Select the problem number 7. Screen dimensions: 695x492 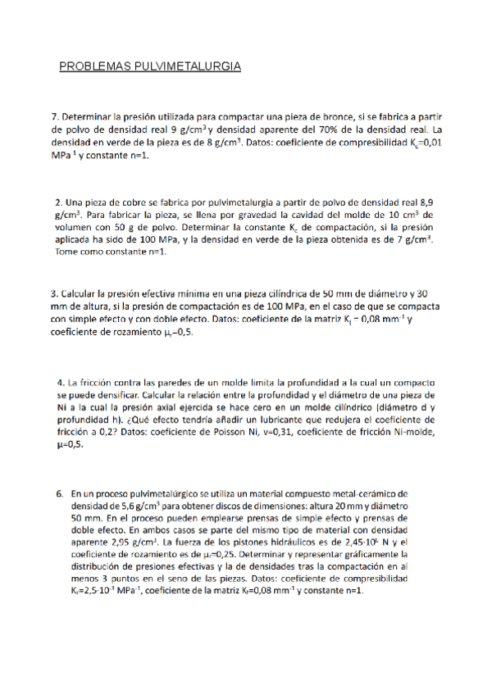[55, 117]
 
